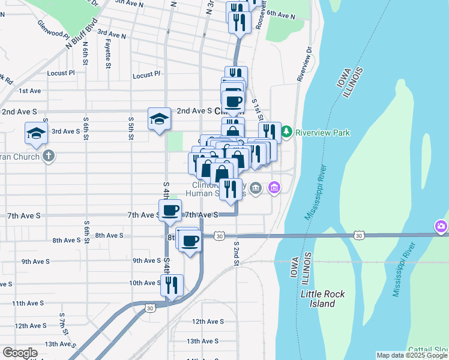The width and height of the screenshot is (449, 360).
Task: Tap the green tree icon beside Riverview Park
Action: [x=287, y=131]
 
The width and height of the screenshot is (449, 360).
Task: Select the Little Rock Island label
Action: [x=318, y=299]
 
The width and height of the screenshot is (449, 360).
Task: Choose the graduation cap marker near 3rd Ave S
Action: [x=36, y=133]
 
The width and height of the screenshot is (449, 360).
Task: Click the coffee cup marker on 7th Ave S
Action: [x=170, y=210]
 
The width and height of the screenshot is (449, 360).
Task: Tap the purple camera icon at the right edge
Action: [x=441, y=227]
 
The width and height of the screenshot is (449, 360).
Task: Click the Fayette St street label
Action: [x=108, y=50]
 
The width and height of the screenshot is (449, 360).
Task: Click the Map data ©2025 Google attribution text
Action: [x=411, y=355]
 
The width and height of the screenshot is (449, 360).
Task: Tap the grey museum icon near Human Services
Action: [x=256, y=188]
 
